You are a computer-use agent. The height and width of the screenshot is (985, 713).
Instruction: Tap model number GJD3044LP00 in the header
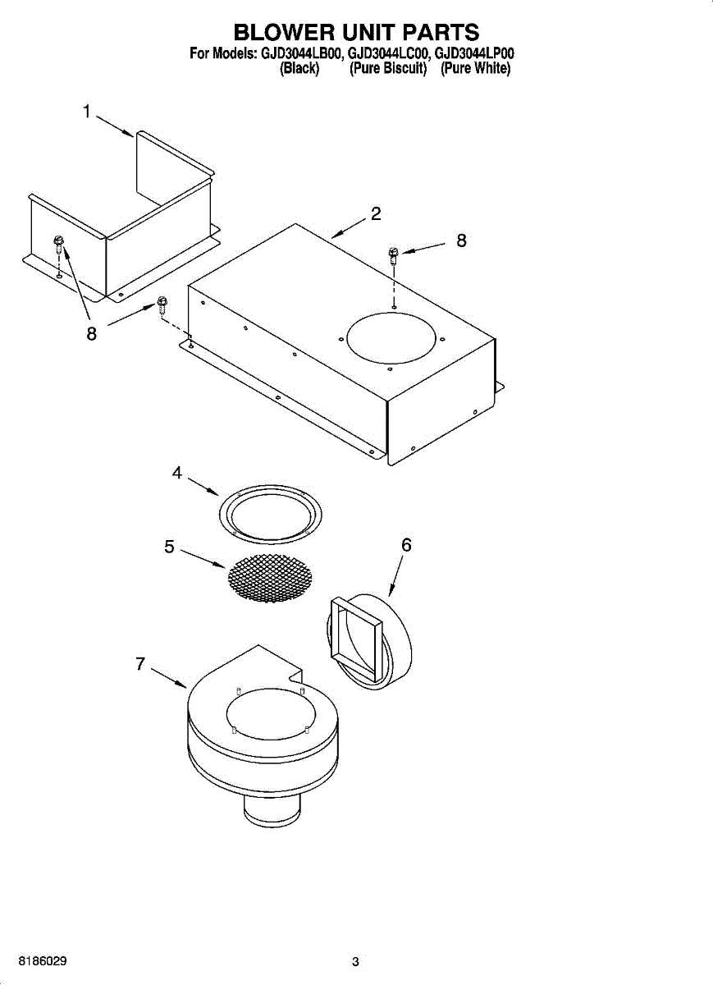click(474, 54)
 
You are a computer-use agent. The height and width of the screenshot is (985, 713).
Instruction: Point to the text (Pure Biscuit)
click(388, 70)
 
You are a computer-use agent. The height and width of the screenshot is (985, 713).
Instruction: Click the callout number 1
click(87, 112)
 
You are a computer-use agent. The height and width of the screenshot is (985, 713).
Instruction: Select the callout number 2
click(376, 214)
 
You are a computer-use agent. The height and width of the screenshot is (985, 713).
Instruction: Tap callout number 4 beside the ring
click(177, 474)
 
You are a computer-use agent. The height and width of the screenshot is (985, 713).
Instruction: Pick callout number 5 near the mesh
click(169, 547)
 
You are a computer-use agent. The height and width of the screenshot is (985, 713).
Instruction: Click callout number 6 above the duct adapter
click(406, 545)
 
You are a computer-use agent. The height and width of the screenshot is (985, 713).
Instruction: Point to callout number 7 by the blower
click(141, 665)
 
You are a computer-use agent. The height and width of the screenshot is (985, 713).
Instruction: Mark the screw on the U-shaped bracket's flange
click(59, 243)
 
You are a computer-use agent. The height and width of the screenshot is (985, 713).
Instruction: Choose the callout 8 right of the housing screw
click(462, 241)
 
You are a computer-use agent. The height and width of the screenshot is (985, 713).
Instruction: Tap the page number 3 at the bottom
click(355, 962)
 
